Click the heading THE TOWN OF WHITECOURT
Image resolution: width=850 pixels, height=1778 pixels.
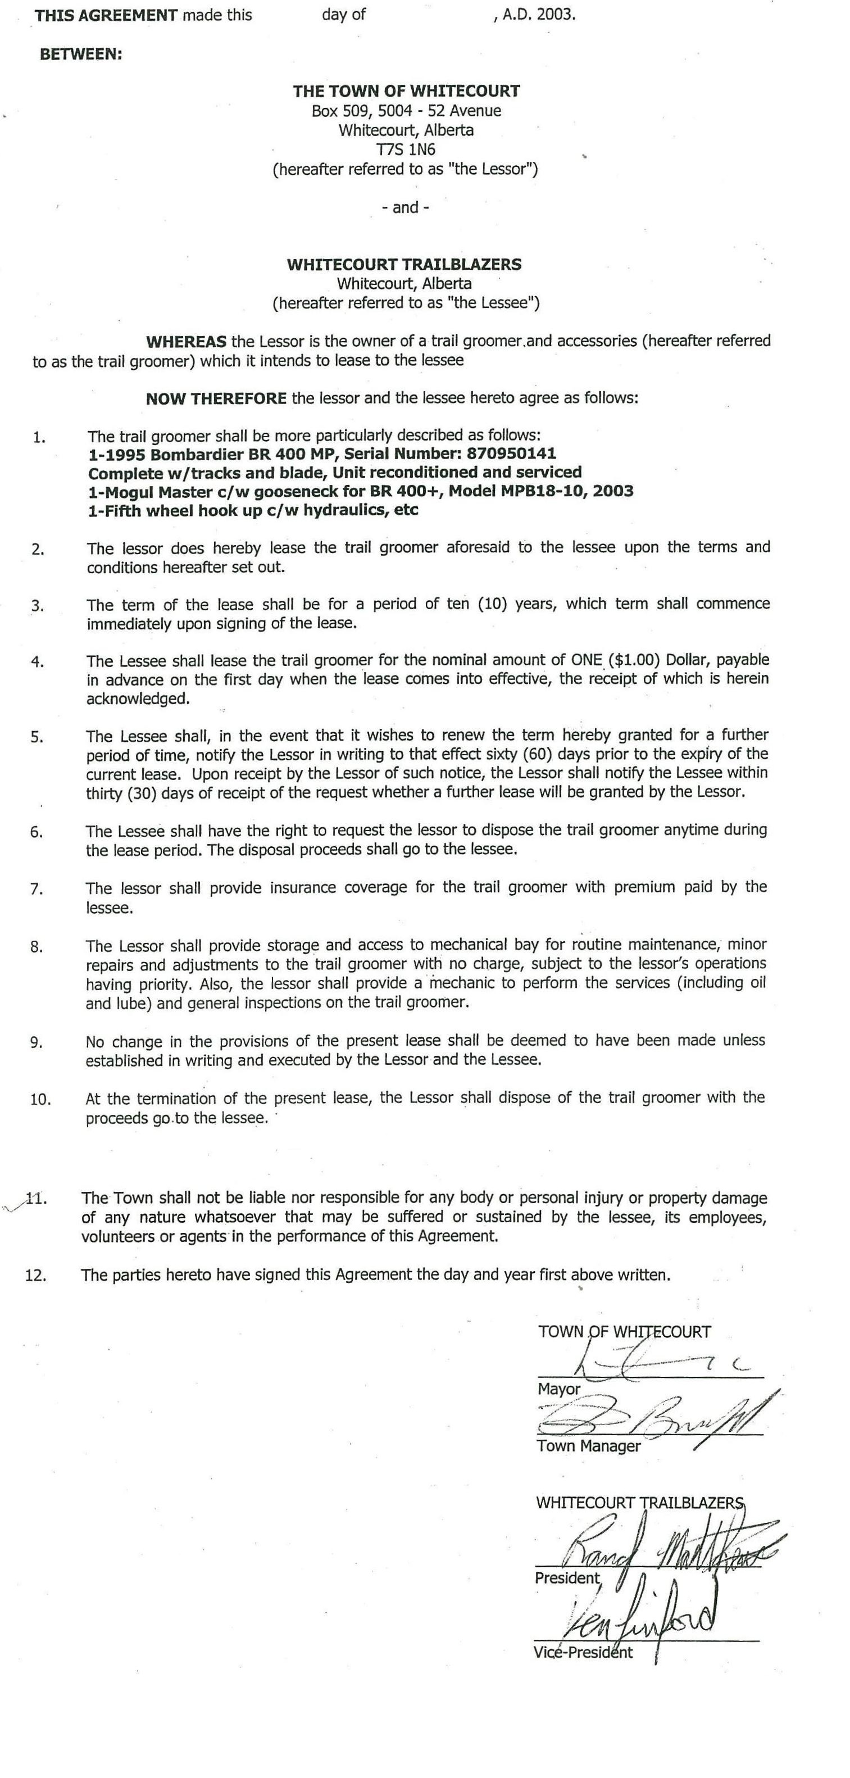406,91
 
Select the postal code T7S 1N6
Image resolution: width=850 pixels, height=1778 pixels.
406,149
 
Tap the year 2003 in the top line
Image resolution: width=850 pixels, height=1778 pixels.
557,15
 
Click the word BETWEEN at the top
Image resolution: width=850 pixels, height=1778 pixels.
81,55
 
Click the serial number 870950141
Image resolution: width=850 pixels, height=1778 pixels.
511,453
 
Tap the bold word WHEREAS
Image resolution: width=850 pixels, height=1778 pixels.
185,341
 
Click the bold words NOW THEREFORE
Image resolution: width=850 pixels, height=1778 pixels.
216,398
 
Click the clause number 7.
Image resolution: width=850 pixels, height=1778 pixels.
37,889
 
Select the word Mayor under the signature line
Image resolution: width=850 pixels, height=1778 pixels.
559,1389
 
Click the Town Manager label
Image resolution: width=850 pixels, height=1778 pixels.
589,1446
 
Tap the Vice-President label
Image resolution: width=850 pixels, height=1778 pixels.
583,1652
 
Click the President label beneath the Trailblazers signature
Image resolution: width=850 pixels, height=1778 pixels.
567,1578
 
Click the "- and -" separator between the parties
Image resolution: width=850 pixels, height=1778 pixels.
406,207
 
